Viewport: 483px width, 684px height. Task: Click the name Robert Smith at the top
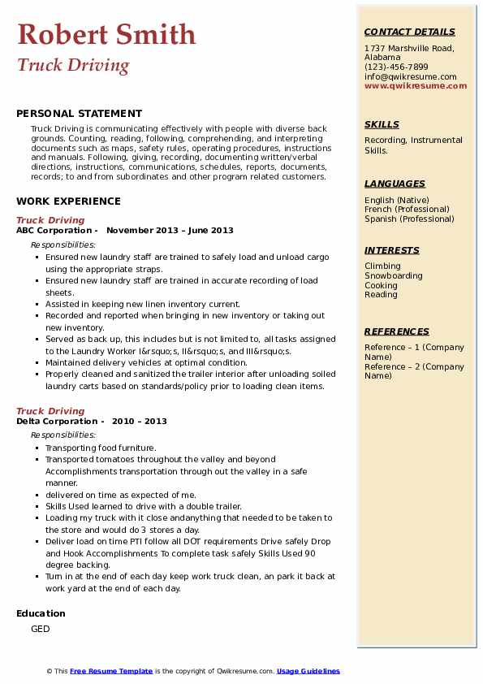tap(106, 34)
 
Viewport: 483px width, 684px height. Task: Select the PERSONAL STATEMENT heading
tap(79, 114)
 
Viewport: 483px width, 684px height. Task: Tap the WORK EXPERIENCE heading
tap(68, 201)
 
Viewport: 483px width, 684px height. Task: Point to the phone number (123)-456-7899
tap(396, 67)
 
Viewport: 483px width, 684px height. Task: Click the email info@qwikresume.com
tap(410, 76)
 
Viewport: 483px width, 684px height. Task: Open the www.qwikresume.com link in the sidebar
tap(410, 85)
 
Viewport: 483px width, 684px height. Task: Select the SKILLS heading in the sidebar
tap(382, 124)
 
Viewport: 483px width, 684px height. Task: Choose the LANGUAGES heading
tap(395, 184)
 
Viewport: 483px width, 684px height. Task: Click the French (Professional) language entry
tap(408, 209)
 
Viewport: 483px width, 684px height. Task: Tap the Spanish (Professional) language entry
tap(409, 219)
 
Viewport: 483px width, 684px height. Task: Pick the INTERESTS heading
tap(392, 250)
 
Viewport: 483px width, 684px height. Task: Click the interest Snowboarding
tap(394, 275)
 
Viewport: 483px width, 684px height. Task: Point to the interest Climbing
tap(382, 266)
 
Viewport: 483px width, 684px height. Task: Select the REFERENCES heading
tap(397, 331)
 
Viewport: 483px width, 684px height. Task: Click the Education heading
tap(41, 613)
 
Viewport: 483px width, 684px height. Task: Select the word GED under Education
tap(41, 629)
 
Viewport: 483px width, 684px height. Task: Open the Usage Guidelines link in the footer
tap(308, 671)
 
